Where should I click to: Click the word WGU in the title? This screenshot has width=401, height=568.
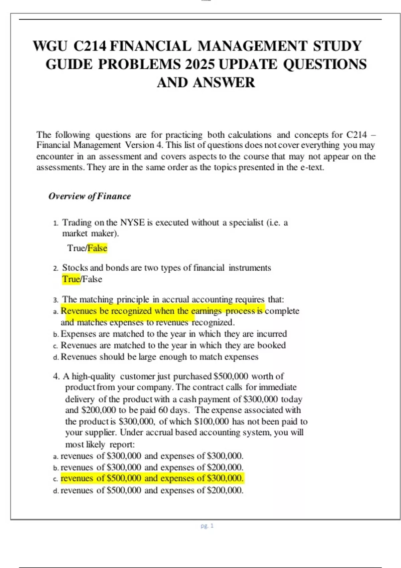coord(50,46)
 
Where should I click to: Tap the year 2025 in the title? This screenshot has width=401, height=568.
coord(199,64)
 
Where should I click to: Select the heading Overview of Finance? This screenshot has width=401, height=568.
coord(90,196)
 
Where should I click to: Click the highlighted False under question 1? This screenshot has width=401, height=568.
coord(98,248)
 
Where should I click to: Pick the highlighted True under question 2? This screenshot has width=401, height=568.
coord(71,279)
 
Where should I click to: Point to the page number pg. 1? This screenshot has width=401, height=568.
coord(207,526)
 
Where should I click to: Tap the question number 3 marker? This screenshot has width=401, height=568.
coord(55,300)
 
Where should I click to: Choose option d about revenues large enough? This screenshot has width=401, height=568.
coord(159,357)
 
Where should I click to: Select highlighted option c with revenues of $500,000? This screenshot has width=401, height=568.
coord(152,478)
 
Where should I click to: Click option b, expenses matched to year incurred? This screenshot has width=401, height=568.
coord(173,334)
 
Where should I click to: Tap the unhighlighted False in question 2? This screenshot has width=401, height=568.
coord(92,279)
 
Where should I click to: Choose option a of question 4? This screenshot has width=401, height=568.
coord(152,456)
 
